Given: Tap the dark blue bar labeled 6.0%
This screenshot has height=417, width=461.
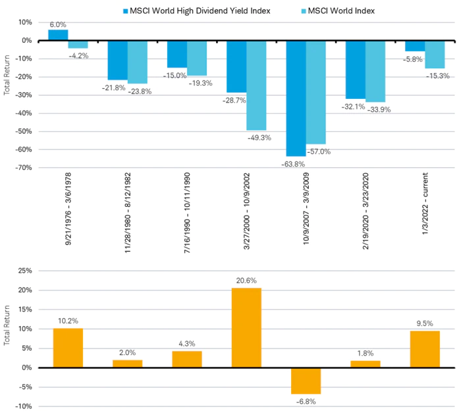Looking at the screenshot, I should [58, 35].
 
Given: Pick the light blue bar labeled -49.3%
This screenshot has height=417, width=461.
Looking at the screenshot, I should [256, 85].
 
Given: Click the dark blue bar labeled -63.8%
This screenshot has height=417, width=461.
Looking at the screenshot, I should [296, 98].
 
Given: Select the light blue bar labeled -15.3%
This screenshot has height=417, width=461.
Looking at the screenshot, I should [435, 54].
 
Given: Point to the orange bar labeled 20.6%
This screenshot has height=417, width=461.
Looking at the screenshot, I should [246, 327].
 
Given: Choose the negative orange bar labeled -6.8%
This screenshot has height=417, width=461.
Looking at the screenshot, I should [306, 381].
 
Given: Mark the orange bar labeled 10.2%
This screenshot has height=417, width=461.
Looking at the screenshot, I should [68, 348].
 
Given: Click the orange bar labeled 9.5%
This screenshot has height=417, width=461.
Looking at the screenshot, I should [425, 349].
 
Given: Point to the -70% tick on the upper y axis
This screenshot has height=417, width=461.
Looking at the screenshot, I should [23, 167].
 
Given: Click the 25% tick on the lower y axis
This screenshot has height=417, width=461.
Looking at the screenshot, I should [25, 271].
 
